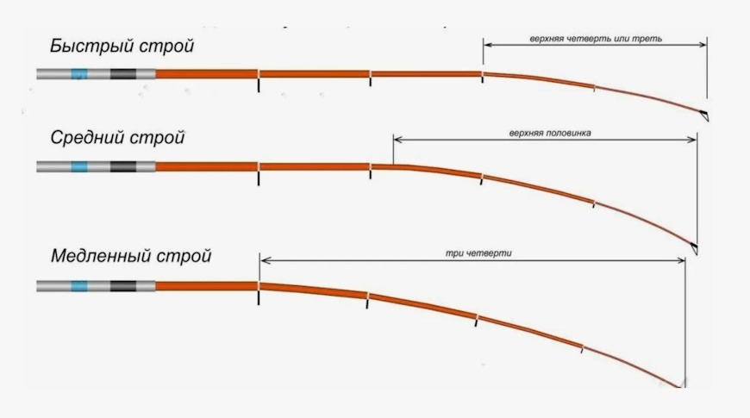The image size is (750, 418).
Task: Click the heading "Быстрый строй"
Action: pos(122,47)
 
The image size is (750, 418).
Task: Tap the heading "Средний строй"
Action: pos(117,138)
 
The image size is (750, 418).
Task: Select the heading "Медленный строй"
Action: pos(131,256)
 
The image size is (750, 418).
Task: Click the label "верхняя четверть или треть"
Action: pos(596,39)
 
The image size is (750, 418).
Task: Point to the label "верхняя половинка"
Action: pos(550,133)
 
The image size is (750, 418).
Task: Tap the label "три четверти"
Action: pos(478,253)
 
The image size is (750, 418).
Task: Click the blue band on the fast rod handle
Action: pos(79,74)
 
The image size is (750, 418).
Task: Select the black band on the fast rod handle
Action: pos(123,74)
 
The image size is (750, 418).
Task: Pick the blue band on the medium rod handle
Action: pos(79,166)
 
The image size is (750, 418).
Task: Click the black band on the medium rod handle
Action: pos(123,166)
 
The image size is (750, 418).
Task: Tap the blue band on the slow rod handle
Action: pos(79,286)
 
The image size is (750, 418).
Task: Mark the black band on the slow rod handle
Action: pos(123,286)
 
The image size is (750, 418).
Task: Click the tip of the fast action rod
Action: pos(707,118)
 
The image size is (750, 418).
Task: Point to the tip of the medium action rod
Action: pos(696,252)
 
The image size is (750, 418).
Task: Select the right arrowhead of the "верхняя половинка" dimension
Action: pos(691,140)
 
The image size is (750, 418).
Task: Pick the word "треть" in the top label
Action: pos(647,39)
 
